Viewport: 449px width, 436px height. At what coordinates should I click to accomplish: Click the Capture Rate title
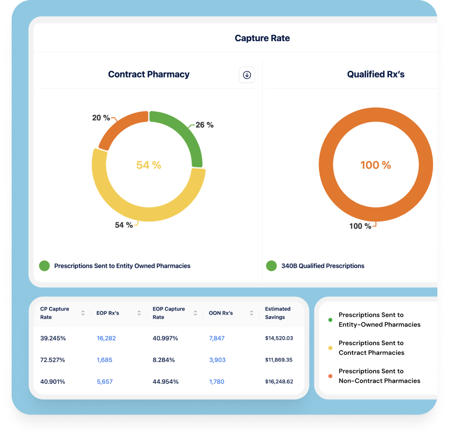[x=262, y=38]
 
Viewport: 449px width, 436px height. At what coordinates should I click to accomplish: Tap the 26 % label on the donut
[x=204, y=125]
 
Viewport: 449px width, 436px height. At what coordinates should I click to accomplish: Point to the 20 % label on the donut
[x=101, y=118]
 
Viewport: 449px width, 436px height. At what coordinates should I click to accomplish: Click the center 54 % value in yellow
[x=148, y=165]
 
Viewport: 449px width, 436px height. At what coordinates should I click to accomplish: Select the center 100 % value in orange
[x=375, y=165]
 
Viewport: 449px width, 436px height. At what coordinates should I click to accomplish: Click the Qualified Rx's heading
[x=375, y=75]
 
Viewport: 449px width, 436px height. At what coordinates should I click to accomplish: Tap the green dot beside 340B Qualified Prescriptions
[x=272, y=265]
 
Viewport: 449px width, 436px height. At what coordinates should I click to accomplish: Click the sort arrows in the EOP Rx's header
[x=139, y=313]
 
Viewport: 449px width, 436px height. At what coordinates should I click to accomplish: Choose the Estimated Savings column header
[x=278, y=313]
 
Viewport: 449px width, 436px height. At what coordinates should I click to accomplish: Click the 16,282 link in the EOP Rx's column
[x=106, y=338]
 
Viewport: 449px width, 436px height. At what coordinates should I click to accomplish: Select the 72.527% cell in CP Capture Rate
[x=52, y=360]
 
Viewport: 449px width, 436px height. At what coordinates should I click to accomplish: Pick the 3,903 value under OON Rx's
[x=217, y=360]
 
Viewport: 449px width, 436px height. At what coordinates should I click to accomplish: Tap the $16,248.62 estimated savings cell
[x=279, y=382]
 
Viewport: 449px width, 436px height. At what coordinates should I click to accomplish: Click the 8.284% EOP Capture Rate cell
[x=165, y=360]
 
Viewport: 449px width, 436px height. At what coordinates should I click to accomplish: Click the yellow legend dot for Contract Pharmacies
[x=330, y=348]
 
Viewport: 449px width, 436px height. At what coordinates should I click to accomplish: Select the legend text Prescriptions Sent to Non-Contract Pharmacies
[x=379, y=376]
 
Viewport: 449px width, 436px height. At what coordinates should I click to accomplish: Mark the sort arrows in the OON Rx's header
[x=251, y=313]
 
